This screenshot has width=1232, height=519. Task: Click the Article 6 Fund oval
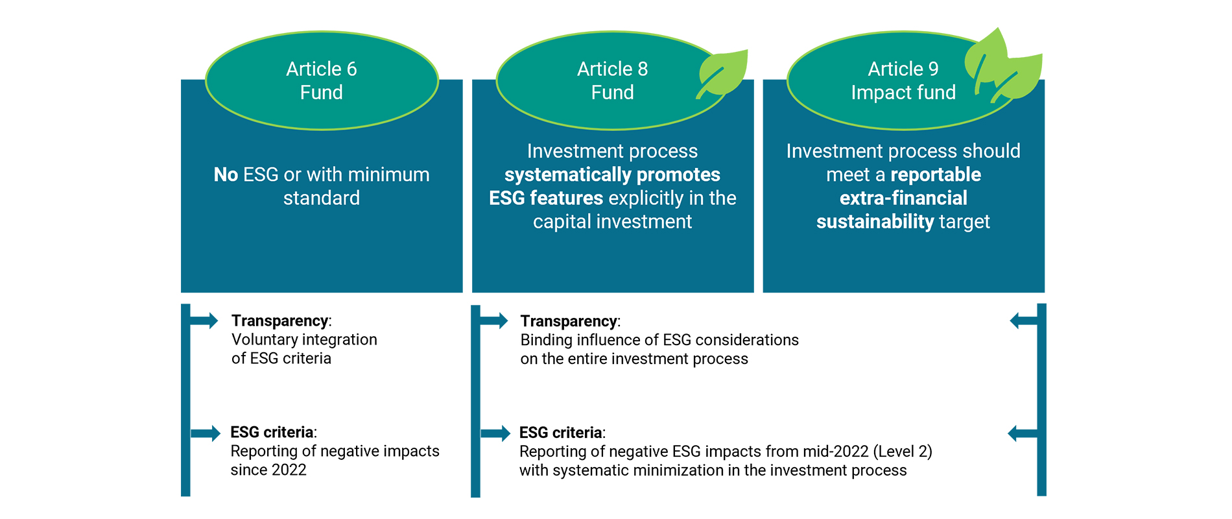[322, 80]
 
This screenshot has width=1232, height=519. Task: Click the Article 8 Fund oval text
[612, 80]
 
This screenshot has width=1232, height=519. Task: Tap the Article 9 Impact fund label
[903, 80]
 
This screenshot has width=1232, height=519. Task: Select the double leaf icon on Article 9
[1002, 67]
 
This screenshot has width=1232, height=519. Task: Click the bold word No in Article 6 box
[226, 175]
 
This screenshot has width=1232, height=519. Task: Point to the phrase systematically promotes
[612, 175]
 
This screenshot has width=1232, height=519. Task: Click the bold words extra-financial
[903, 198]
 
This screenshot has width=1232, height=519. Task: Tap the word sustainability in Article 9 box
[875, 222]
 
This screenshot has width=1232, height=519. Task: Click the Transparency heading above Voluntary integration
[280, 320]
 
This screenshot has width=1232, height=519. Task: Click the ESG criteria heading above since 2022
[272, 432]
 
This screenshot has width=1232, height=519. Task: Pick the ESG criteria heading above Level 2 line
[561, 433]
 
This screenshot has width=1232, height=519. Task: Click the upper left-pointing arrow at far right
[1023, 320]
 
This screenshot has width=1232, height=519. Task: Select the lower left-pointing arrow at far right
[1021, 433]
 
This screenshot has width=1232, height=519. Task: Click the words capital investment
[612, 222]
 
